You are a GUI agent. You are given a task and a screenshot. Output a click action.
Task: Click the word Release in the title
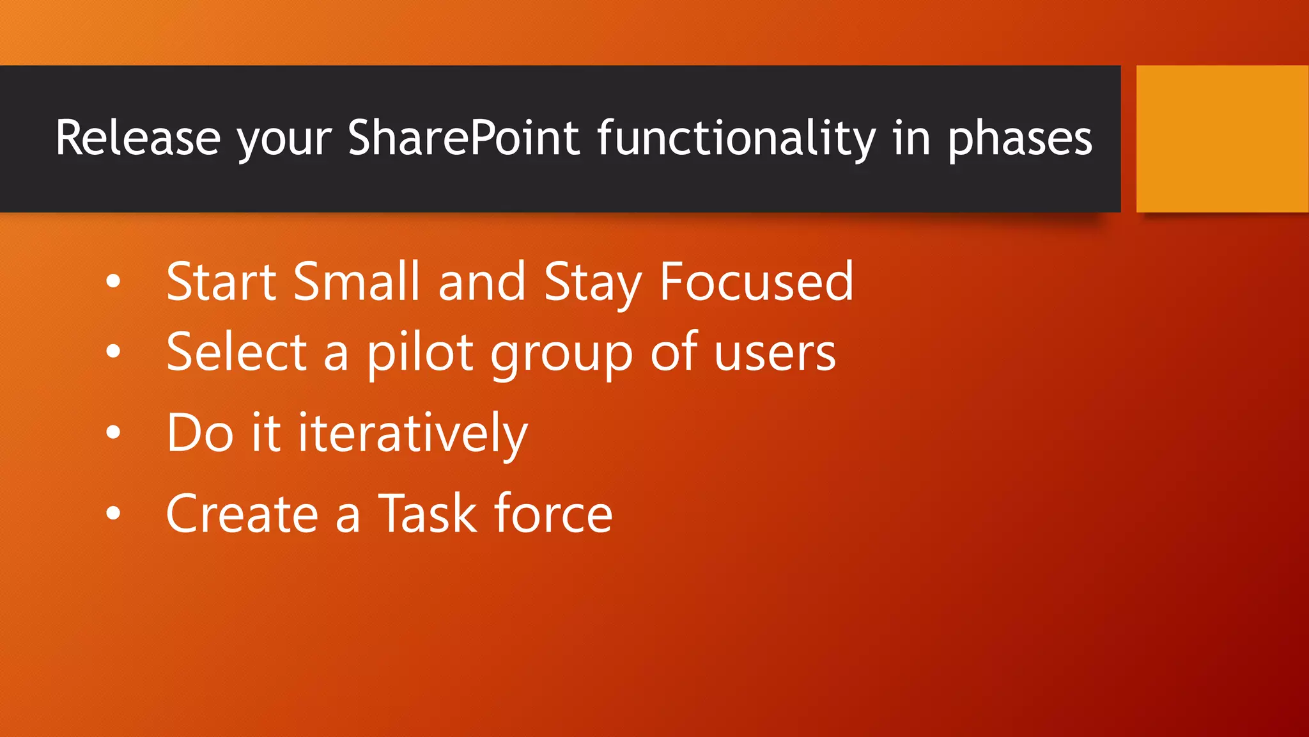click(137, 138)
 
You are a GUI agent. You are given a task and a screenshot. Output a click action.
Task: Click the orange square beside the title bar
click(1221, 138)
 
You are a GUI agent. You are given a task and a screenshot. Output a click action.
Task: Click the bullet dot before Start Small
click(113, 281)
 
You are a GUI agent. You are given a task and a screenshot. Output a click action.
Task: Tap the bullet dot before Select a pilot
click(113, 351)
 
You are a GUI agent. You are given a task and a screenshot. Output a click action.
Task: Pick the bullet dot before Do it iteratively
click(113, 432)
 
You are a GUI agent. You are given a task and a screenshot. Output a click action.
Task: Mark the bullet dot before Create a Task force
click(113, 513)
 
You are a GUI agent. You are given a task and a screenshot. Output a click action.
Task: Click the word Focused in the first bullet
click(756, 281)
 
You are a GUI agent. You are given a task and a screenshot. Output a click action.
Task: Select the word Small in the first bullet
click(356, 281)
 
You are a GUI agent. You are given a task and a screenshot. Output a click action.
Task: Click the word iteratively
click(413, 434)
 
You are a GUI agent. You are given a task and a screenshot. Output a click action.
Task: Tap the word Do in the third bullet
click(200, 433)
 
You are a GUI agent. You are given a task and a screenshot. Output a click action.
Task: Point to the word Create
click(242, 514)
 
